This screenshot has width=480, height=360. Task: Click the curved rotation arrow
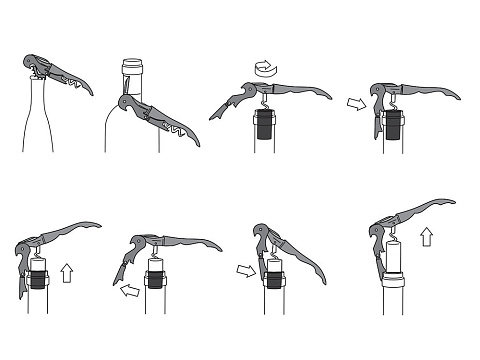[264, 68]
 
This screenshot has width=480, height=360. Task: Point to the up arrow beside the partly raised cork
[67, 272]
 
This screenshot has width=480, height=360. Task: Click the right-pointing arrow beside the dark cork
[356, 103]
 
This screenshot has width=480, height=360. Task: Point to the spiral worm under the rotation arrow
[264, 102]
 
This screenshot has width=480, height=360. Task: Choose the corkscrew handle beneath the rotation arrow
[290, 91]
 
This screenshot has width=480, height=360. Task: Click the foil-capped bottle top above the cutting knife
[130, 75]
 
